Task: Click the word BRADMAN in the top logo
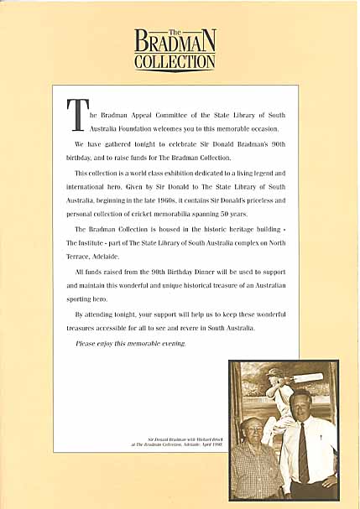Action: coord(175,42)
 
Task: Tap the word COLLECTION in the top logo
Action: coord(175,60)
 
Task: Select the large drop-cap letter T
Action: coord(76,116)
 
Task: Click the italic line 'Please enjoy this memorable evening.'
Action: coord(131,344)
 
